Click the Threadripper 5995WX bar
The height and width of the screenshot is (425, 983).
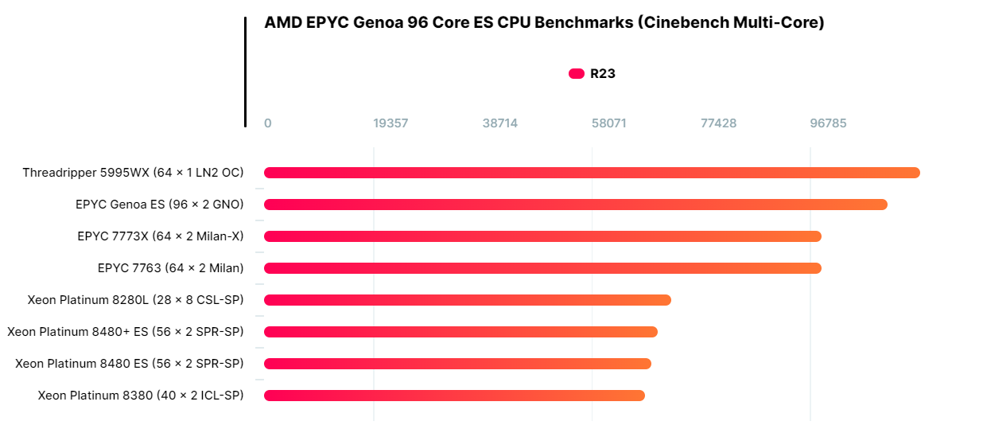[x=592, y=173]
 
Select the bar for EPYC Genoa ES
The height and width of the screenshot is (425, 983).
[x=575, y=205]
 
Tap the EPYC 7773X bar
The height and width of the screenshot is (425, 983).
[x=542, y=236]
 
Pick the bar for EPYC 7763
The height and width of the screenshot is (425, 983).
[x=542, y=268]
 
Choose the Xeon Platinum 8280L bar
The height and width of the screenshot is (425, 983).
[x=468, y=300]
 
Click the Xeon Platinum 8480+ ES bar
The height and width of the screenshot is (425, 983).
[x=460, y=332]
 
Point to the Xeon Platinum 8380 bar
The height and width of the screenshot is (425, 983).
[x=454, y=396]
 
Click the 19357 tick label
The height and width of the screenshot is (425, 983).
[x=390, y=123]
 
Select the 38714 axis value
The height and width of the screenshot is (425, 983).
[x=500, y=123]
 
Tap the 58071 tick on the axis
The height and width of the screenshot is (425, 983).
[x=609, y=123]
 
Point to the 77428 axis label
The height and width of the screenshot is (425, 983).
[x=718, y=123]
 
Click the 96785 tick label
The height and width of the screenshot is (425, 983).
[x=828, y=123]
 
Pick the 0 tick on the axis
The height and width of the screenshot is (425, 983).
[x=268, y=123]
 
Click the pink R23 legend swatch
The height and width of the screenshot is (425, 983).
[x=577, y=74]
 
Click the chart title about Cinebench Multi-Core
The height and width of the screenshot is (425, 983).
[x=544, y=23]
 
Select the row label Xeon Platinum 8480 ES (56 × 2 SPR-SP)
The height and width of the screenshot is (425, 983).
[x=130, y=364]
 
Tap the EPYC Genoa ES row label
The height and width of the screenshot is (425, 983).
[x=160, y=205]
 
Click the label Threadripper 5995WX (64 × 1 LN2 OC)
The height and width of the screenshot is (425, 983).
[x=133, y=173]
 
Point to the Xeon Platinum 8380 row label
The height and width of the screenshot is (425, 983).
[x=141, y=396]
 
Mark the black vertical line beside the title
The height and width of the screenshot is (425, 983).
[x=245, y=72]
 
